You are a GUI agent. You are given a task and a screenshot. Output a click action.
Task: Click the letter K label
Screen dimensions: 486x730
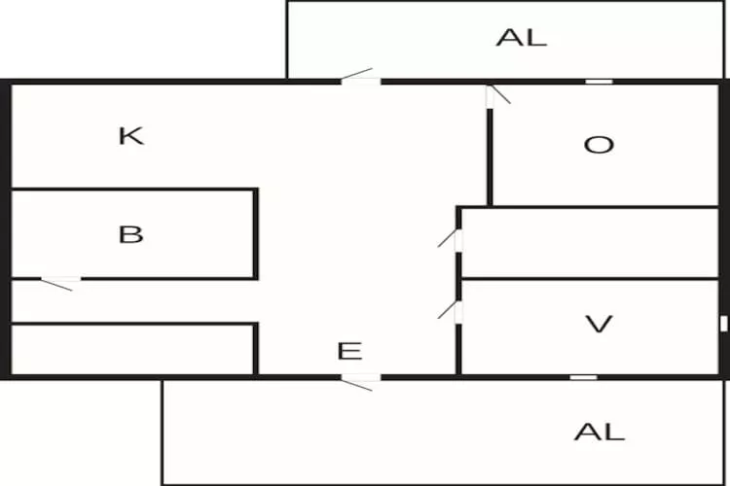(x=130, y=135)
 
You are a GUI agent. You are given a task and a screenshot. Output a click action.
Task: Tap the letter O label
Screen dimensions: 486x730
(x=599, y=145)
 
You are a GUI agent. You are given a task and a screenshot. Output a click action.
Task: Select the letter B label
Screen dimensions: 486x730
(x=130, y=234)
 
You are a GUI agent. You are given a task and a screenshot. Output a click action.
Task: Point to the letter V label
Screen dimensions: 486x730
(x=600, y=324)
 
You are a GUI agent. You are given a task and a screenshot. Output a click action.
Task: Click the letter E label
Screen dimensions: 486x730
(x=349, y=352)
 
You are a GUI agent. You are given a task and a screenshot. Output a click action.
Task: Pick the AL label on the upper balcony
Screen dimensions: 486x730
(x=522, y=38)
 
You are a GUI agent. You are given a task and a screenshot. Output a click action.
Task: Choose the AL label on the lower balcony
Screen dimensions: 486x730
(x=599, y=432)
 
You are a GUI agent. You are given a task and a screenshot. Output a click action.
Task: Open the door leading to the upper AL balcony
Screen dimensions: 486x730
(x=360, y=80)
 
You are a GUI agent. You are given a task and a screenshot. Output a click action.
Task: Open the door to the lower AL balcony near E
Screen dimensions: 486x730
(x=360, y=378)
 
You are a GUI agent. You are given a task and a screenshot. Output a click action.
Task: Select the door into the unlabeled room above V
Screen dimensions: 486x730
(x=457, y=238)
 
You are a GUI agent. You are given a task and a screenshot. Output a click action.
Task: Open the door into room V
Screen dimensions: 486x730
(x=457, y=312)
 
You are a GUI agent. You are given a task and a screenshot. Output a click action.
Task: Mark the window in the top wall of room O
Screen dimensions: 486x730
(x=599, y=82)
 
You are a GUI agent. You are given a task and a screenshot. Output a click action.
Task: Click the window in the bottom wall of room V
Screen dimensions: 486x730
(x=583, y=377)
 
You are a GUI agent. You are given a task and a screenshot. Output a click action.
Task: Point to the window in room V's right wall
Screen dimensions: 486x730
(x=723, y=324)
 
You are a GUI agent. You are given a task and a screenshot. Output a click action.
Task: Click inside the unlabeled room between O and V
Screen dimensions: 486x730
(x=589, y=243)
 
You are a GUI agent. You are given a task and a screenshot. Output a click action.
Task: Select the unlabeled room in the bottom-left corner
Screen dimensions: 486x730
(x=131, y=350)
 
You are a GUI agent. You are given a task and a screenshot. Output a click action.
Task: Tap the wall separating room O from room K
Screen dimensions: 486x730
(x=490, y=156)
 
